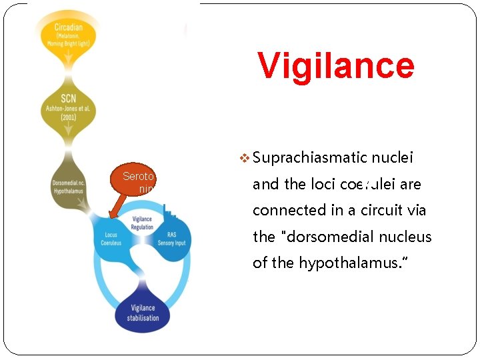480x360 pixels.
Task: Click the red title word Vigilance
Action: [x=336, y=65]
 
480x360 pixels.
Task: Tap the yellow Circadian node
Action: [x=69, y=33]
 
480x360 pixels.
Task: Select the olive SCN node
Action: [x=69, y=108]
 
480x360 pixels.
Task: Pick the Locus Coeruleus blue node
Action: [x=111, y=239]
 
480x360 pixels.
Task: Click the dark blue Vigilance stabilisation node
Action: [x=143, y=312]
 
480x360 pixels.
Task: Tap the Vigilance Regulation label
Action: [x=142, y=223]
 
